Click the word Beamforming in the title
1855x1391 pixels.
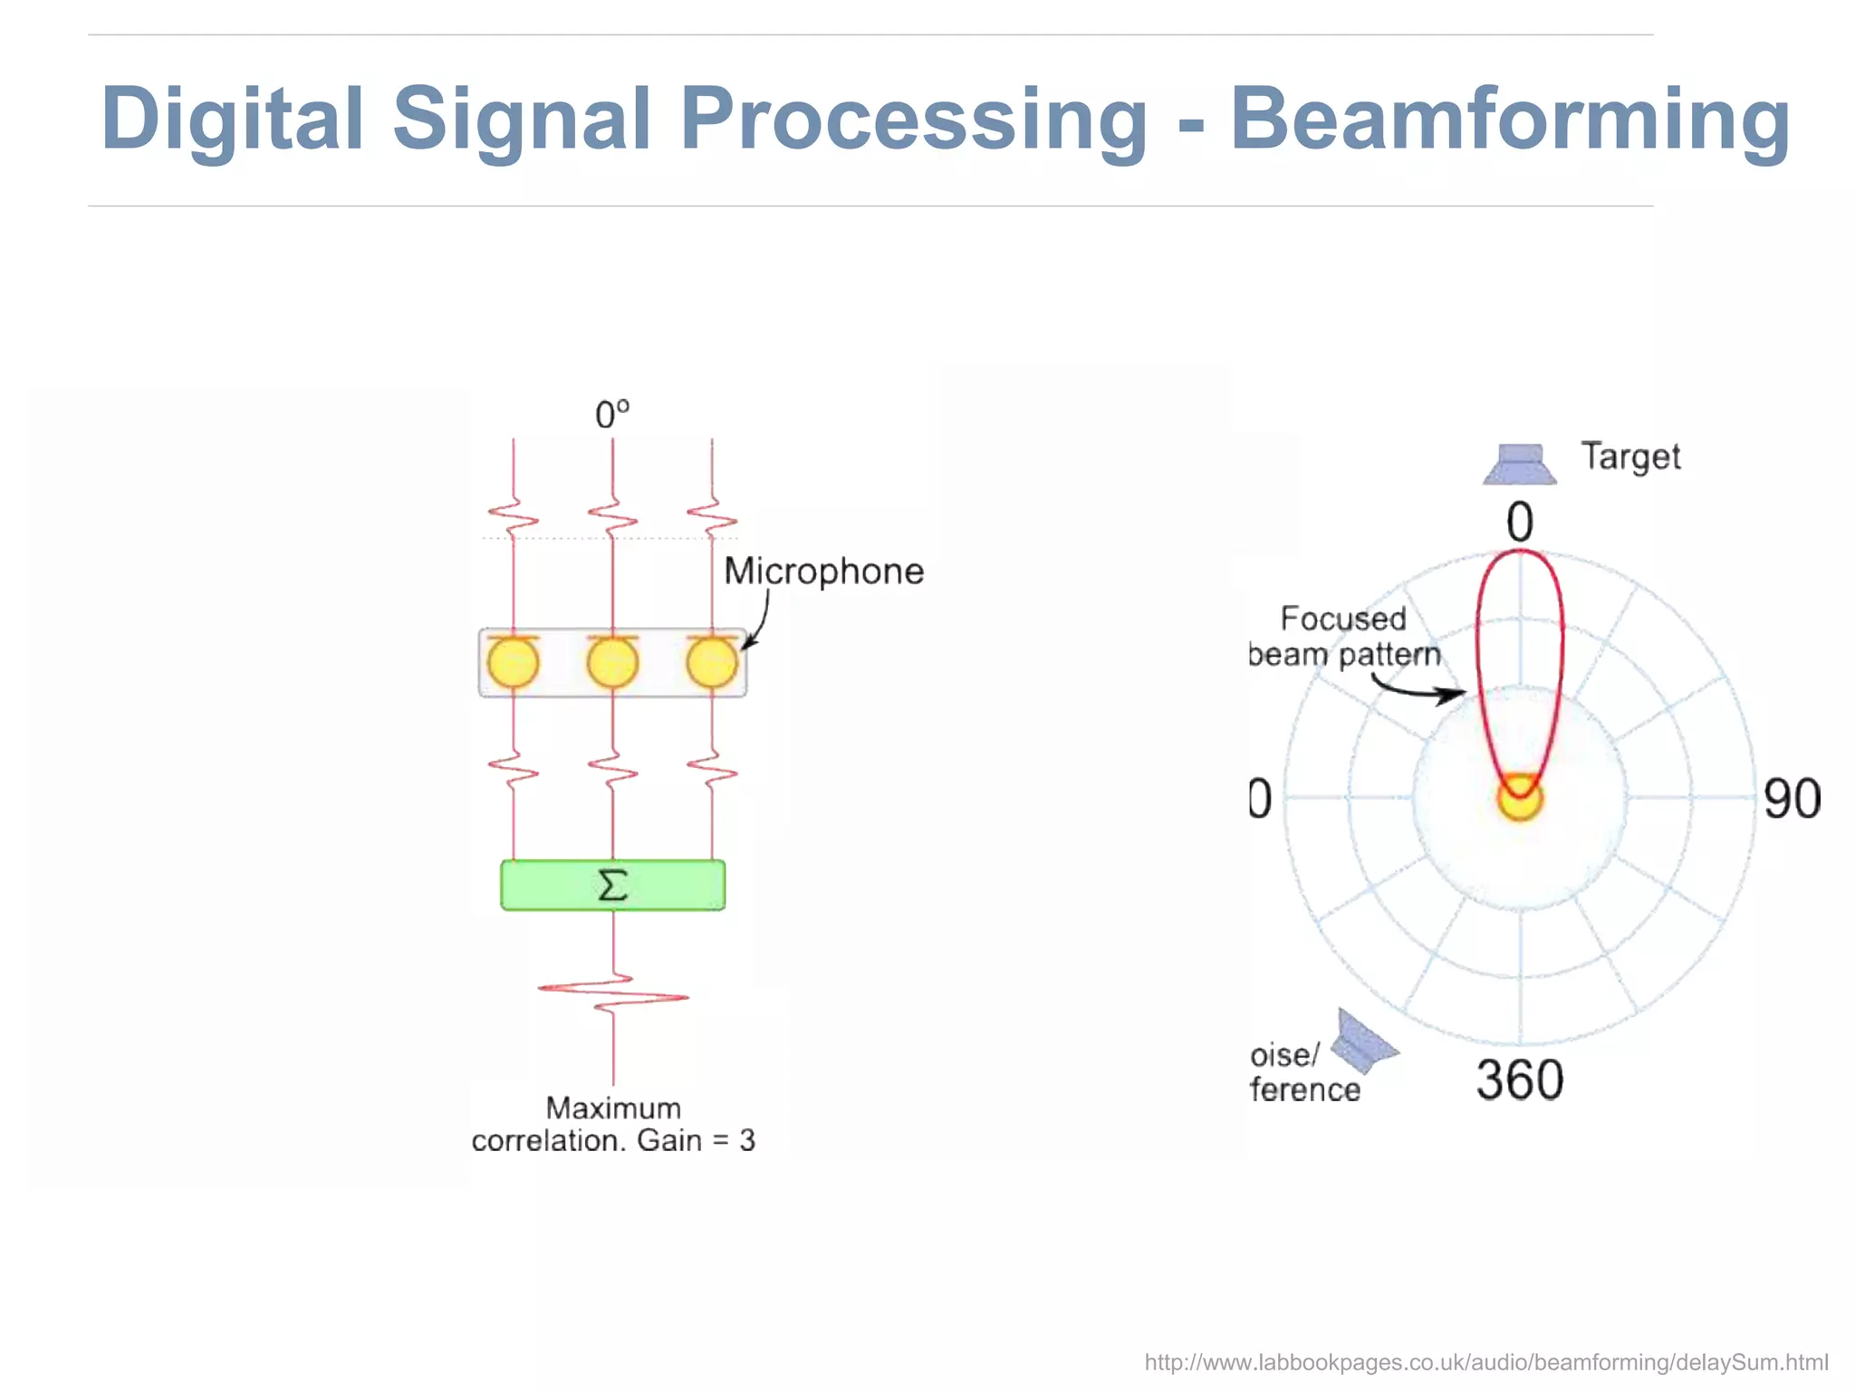coord(1509,120)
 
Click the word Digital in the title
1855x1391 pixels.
coord(232,120)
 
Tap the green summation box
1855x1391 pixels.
coord(612,885)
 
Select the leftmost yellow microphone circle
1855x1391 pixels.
coord(513,663)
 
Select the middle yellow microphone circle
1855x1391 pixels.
coord(612,663)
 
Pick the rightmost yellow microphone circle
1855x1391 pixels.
coord(712,663)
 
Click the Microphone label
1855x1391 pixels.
coord(823,571)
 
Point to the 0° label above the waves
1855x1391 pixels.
coord(612,415)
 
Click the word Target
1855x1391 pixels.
coord(1629,457)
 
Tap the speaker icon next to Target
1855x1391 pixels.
coord(1520,464)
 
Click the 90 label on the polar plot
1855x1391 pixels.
coord(1791,800)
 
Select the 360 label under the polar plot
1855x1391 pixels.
coord(1519,1079)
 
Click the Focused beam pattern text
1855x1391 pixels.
coord(1344,637)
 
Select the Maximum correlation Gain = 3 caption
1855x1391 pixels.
coord(613,1124)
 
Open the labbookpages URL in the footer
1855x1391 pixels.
coord(1485,1362)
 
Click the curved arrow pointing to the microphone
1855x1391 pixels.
coord(760,620)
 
